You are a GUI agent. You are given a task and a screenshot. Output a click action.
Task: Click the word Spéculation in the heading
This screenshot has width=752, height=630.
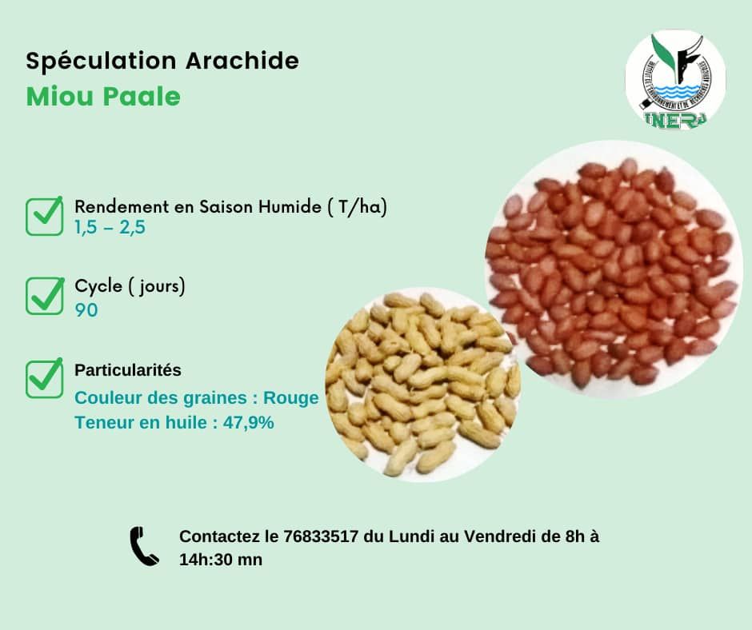(x=101, y=62)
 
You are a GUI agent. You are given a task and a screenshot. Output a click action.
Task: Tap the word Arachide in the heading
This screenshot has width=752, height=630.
(x=242, y=61)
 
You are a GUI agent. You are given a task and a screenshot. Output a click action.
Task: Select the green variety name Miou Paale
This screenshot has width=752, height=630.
(x=103, y=97)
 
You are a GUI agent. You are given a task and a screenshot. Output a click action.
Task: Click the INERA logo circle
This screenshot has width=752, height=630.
(x=675, y=80)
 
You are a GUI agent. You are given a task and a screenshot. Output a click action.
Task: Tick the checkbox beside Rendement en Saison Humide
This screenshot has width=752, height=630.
(x=44, y=216)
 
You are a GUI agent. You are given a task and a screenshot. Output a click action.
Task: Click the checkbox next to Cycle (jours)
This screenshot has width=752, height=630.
(x=44, y=296)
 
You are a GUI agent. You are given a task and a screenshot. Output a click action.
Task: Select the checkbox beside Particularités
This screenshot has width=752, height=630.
(x=44, y=378)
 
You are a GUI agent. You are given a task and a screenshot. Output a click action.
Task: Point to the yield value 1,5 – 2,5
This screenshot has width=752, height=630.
(x=110, y=227)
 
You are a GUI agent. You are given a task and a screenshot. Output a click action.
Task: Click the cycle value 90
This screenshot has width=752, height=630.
(x=86, y=310)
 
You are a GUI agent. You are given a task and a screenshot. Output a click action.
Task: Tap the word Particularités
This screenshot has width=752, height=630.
(x=128, y=370)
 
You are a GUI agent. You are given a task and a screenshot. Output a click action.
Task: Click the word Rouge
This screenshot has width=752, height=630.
(x=291, y=398)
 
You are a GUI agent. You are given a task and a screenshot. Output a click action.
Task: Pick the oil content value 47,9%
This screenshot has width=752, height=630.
(x=249, y=423)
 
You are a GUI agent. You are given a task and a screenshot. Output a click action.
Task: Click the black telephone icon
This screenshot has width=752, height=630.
(x=144, y=547)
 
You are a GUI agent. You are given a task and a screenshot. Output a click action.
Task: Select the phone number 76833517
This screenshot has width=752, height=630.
(x=321, y=536)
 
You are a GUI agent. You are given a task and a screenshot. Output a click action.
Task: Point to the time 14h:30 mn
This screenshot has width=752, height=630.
(x=221, y=560)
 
